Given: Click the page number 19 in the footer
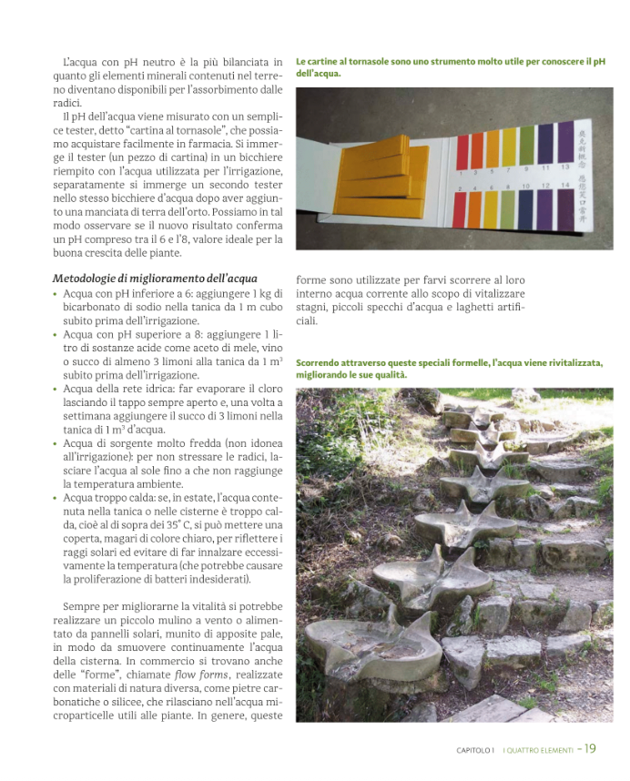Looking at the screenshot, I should (591, 749).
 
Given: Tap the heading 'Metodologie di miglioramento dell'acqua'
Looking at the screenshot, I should (155, 278).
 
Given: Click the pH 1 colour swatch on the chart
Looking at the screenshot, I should (462, 153).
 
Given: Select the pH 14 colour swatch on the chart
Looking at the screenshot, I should (565, 208).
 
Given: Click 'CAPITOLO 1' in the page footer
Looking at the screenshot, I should (475, 751).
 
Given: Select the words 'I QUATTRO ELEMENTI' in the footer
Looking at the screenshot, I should (538, 751).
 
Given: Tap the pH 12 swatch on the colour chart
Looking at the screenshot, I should (546, 208).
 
